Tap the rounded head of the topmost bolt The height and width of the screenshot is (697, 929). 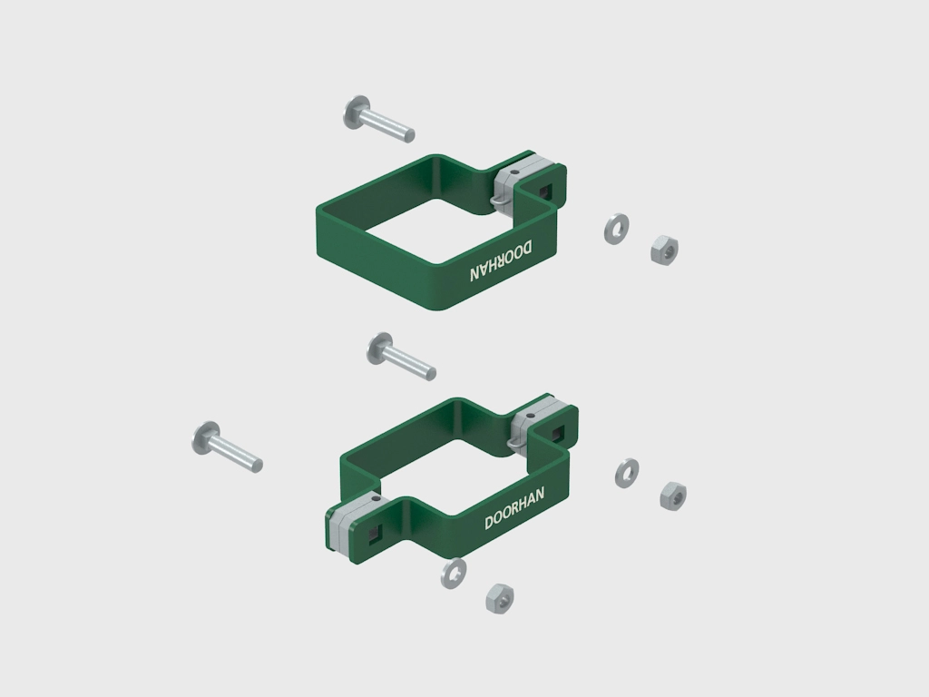tap(356, 111)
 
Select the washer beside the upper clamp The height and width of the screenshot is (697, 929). tap(616, 229)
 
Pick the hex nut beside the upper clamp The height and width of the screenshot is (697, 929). tap(664, 250)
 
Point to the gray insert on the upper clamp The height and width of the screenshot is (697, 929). tap(522, 178)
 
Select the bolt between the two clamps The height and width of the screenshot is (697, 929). tap(401, 356)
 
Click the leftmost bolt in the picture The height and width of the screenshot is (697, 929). tap(227, 447)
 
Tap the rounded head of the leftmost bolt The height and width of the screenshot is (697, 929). tap(205, 438)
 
